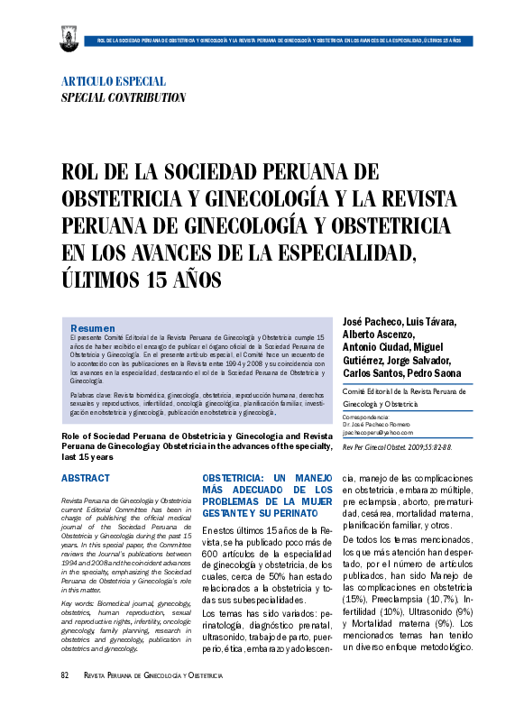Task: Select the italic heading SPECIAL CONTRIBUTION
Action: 123,97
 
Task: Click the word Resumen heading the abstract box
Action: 92,327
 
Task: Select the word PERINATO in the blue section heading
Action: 298,511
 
